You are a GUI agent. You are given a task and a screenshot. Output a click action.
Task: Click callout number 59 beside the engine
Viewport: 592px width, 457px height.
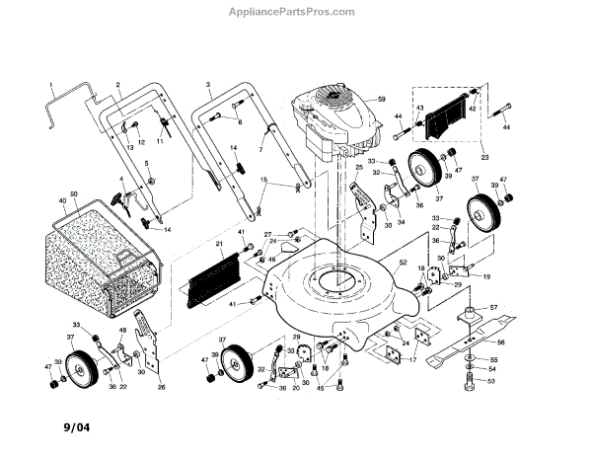[x=375, y=99]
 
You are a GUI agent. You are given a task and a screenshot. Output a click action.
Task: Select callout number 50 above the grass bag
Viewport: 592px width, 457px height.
[x=73, y=192]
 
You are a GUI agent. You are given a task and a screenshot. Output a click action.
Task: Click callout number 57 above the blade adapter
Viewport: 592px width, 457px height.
[x=493, y=309]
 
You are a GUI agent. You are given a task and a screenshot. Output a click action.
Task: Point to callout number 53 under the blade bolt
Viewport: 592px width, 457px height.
[x=493, y=381]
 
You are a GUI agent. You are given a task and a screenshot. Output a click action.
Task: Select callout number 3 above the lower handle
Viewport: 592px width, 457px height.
[x=208, y=85]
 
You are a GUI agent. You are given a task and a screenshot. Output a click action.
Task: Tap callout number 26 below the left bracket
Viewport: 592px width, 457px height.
[x=161, y=387]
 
